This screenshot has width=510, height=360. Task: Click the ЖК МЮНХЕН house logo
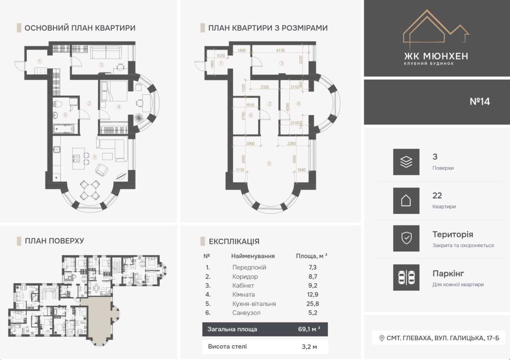coord(436,27)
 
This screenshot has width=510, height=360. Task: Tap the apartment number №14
coord(480,102)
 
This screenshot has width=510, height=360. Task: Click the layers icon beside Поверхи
coord(406,162)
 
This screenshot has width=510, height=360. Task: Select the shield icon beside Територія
coord(406,238)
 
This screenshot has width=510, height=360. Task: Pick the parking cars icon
coord(406,277)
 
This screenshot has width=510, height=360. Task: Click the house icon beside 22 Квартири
coord(406,200)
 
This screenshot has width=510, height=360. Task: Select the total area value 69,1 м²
coord(309,330)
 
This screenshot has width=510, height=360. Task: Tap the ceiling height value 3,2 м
coord(309,347)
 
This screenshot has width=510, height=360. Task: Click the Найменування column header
coord(253,256)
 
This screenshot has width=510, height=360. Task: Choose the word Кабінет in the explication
coord(243,286)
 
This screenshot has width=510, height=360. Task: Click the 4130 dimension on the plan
coord(281,50)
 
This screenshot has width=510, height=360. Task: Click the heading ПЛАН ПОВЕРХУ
coord(54,241)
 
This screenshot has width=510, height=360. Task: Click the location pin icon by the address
coord(381,338)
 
